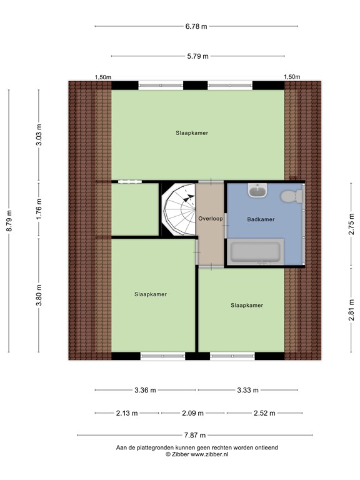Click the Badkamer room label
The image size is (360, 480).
tap(261, 219)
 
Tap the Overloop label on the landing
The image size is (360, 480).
tap(211, 219)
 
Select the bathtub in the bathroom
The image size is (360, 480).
tap(255, 252)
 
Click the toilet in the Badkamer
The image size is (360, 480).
tap(292, 196)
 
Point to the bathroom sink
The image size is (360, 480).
tap(257, 191)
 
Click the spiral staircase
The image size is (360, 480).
tap(179, 210)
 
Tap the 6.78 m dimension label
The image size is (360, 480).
tap(196, 26)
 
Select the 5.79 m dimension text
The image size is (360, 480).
tap(197, 56)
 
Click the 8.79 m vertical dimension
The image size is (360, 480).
tap(9, 221)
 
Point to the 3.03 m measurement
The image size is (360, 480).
tap(39, 135)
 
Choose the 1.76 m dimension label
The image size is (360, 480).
tap(39, 209)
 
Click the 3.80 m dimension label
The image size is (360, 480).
tap(39, 295)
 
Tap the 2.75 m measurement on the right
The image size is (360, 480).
tap(351, 224)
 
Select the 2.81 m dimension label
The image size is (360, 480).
tap(351, 310)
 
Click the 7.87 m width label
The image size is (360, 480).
tap(195, 435)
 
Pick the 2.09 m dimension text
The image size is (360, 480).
tap(193, 413)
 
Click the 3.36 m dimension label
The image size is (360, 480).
tap(145, 390)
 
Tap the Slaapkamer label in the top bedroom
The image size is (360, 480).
tap(192, 133)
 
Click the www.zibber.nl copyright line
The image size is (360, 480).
tap(197, 454)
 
